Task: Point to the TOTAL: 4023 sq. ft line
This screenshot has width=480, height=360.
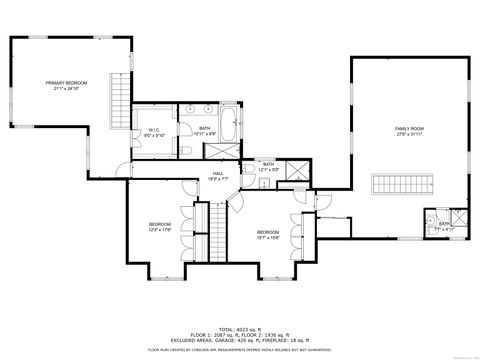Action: point(240,327)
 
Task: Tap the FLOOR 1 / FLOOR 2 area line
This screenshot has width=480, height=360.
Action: point(240,333)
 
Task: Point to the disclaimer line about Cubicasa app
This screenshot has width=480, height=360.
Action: point(240,349)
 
